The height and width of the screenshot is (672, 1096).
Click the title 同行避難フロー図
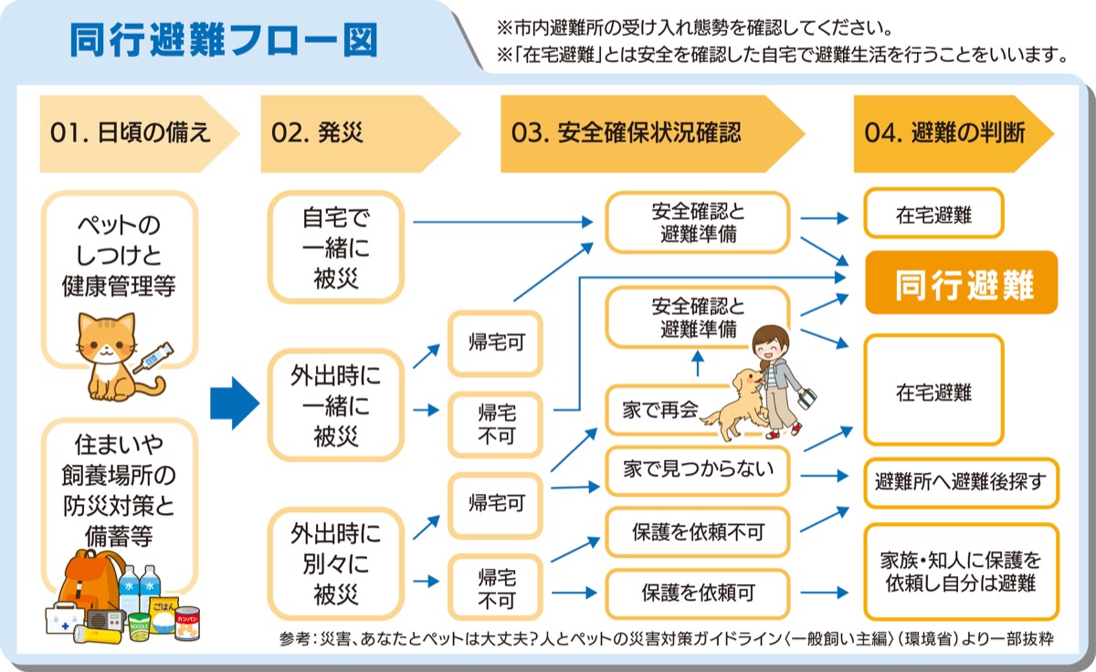point(223,40)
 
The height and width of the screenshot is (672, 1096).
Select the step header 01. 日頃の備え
point(131,133)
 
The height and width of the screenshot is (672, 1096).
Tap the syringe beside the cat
point(153,357)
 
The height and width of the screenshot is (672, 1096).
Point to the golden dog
point(731,406)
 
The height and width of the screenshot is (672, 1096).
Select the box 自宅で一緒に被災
point(336,247)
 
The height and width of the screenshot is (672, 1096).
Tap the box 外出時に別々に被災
point(336,563)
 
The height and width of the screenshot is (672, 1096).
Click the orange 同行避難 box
point(961,283)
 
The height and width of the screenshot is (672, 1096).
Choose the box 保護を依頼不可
point(698,531)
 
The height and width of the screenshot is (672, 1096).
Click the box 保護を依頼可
point(698,593)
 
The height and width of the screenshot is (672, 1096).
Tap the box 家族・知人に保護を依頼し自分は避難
point(961,571)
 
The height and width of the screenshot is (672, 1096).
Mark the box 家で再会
point(650,410)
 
